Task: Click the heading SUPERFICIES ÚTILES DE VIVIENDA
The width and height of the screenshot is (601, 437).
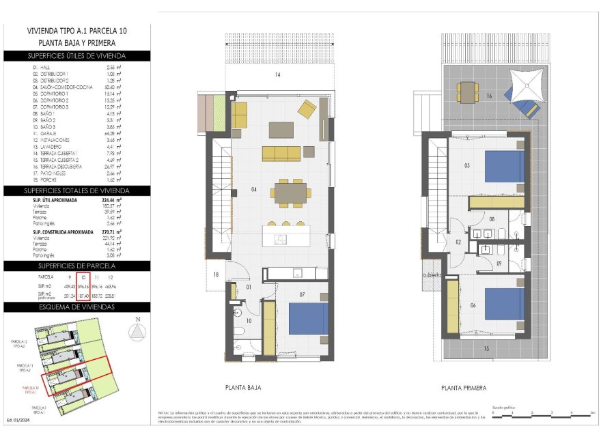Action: (x=76, y=56)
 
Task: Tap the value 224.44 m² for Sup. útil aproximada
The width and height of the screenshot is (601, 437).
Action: (x=110, y=201)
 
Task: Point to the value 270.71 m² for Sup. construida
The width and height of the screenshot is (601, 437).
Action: (x=110, y=232)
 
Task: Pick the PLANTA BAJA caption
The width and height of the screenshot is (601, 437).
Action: (x=242, y=387)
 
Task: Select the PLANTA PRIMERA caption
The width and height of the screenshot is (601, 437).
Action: (x=464, y=388)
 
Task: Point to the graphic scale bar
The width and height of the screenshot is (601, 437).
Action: (x=540, y=412)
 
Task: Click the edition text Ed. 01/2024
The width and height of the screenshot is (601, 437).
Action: (x=19, y=420)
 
